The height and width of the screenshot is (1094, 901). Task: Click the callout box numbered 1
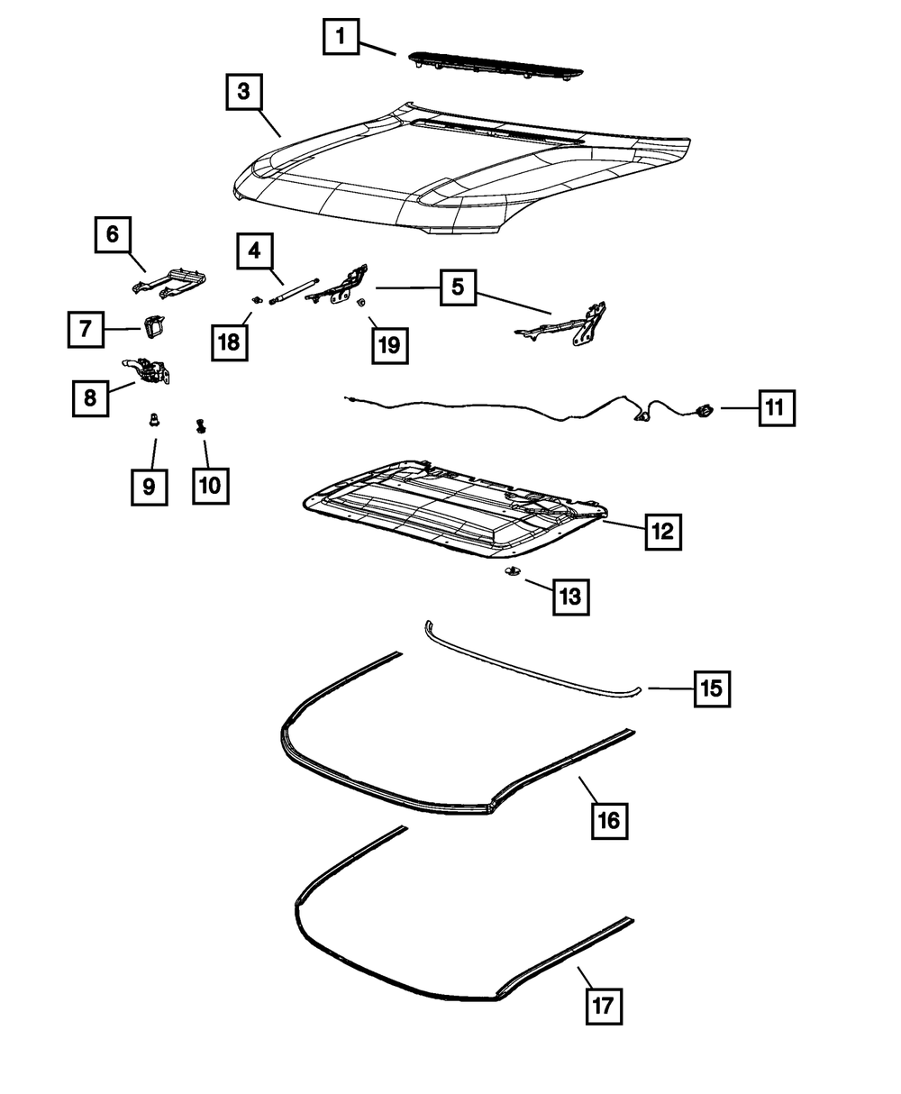click(341, 37)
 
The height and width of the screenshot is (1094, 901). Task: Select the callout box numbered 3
click(244, 92)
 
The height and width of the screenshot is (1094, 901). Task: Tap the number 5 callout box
click(458, 287)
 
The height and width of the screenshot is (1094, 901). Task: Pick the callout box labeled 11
click(777, 408)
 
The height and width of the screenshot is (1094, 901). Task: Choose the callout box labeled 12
click(663, 532)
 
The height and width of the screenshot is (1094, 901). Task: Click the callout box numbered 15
click(713, 689)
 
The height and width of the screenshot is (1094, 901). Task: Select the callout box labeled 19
click(390, 345)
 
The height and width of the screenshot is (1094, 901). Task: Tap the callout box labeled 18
click(230, 342)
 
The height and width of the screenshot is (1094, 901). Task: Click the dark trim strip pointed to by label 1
click(496, 67)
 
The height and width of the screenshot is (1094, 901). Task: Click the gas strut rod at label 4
click(295, 290)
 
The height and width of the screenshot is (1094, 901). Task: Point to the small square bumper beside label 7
click(154, 326)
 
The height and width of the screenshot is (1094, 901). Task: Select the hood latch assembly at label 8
click(148, 370)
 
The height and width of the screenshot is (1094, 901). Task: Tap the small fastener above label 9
click(154, 420)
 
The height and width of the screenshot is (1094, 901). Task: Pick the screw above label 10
click(201, 426)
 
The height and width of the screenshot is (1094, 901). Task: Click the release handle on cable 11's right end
click(705, 411)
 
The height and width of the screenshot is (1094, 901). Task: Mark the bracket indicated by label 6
click(168, 283)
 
